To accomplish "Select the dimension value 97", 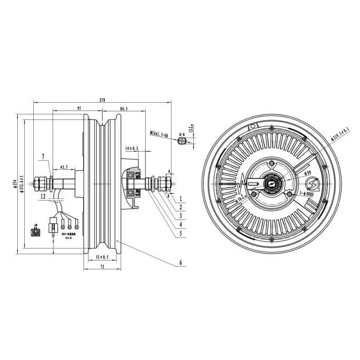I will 79,108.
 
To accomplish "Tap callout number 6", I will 180,262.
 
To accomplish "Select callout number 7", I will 45,157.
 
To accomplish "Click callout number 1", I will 180,199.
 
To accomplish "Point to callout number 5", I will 180,233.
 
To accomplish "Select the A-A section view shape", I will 182,146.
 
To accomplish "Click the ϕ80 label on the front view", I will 308,172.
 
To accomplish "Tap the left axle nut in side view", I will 40,184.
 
